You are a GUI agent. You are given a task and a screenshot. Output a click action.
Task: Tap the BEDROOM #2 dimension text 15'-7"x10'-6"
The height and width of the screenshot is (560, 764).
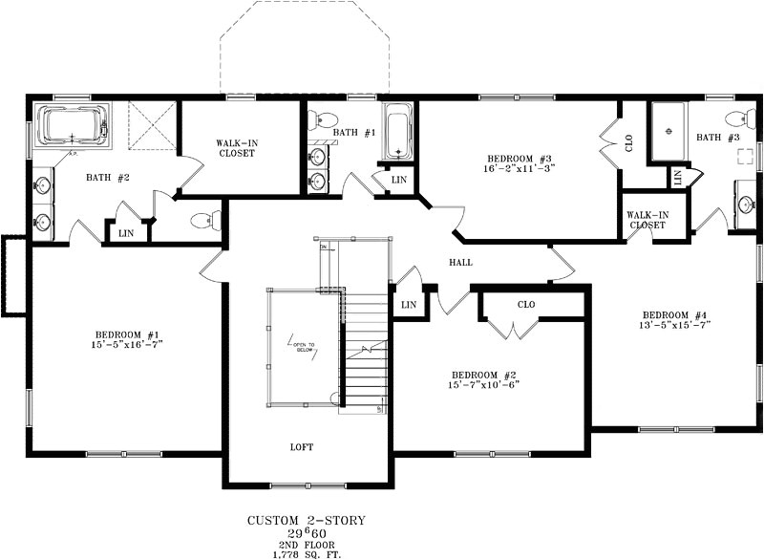(x=484, y=384)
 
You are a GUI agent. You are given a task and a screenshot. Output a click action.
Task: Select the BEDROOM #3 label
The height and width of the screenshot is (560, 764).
(x=520, y=158)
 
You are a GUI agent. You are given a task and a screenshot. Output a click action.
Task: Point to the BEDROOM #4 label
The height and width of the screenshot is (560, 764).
(x=675, y=314)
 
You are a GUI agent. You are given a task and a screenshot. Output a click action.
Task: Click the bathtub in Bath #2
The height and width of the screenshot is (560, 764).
(x=72, y=126)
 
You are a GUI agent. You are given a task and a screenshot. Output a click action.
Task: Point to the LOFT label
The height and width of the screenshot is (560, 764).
(x=302, y=446)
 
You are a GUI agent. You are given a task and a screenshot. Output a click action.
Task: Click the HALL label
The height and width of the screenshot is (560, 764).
(x=460, y=262)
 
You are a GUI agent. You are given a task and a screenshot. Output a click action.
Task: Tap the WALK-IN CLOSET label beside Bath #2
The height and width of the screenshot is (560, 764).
(x=236, y=148)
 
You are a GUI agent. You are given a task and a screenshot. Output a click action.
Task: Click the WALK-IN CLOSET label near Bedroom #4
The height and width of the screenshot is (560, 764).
(x=647, y=220)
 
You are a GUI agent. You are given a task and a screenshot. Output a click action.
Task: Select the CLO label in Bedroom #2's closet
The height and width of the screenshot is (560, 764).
(x=526, y=305)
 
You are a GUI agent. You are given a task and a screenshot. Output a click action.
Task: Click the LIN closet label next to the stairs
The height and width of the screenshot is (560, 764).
(x=409, y=305)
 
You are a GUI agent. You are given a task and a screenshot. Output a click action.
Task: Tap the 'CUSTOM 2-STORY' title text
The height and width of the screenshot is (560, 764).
(x=307, y=521)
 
